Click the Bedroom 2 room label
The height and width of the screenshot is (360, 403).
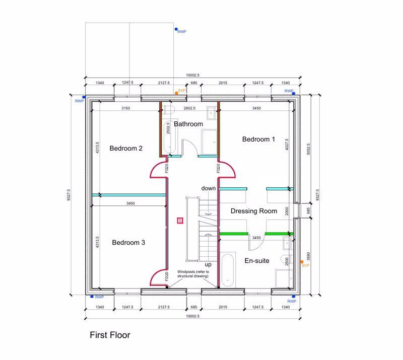(126, 148)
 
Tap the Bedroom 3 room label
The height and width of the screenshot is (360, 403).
(128, 242)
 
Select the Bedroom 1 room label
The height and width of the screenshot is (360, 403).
(258, 139)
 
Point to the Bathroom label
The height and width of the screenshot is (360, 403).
(188, 124)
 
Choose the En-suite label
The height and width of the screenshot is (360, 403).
(257, 261)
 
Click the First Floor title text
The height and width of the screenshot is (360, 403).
(110, 334)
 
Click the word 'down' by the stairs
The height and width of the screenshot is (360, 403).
(209, 188)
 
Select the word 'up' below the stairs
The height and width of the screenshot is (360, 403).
(208, 264)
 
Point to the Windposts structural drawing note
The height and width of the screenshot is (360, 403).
(192, 274)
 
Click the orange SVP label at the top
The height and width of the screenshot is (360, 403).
(182, 90)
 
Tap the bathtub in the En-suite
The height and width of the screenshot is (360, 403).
(228, 270)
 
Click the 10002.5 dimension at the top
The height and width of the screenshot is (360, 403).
(192, 75)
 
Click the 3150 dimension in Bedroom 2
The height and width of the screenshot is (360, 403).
(126, 108)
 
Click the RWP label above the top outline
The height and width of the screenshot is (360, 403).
(181, 32)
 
